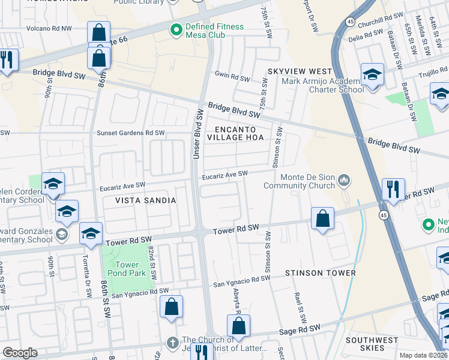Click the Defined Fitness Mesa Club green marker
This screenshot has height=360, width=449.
(176, 29)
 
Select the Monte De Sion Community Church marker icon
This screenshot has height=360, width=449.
(344, 179)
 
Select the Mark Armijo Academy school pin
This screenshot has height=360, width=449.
(372, 76)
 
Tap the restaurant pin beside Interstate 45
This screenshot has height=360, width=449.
(393, 189)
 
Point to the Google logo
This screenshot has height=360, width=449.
(20, 353)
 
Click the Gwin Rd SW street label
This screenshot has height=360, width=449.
(232, 79)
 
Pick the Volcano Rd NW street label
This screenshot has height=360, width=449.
(49, 28)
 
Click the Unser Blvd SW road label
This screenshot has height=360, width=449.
(196, 133)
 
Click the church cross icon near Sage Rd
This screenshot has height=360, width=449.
(172, 342)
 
